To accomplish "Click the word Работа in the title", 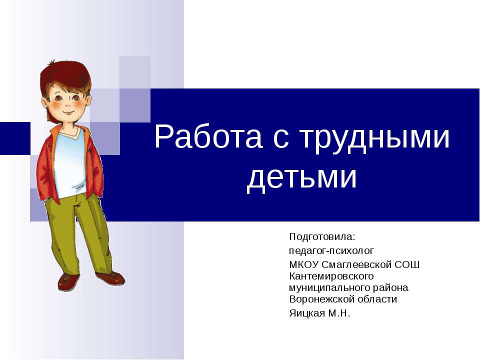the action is pyautogui.click(x=208, y=136).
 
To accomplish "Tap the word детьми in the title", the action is pyautogui.click(x=302, y=177).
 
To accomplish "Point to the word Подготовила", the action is pyautogui.click(x=322, y=236).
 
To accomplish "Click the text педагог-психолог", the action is pyautogui.click(x=331, y=250).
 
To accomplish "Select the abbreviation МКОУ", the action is pyautogui.click(x=304, y=264).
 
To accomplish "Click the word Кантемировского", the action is pyautogui.click(x=331, y=276).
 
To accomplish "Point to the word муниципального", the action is pyautogui.click(x=329, y=288).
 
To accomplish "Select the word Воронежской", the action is pyautogui.click(x=321, y=299).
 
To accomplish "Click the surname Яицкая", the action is pyautogui.click(x=307, y=313).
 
